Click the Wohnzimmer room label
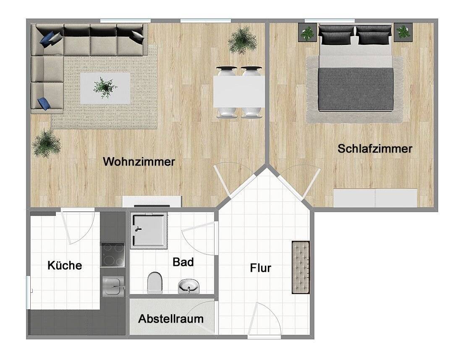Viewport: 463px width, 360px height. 139,162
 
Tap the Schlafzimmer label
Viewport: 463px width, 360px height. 375,149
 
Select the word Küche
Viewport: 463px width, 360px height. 65,265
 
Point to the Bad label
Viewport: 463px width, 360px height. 183,262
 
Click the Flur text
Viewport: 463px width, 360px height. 260,268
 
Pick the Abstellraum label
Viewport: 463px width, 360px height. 171,318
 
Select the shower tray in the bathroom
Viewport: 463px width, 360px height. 149,231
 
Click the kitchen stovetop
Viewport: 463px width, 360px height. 112,255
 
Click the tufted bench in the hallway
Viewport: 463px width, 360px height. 301,267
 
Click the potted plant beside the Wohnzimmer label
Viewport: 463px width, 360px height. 46,142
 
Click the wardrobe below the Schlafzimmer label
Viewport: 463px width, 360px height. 375,197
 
